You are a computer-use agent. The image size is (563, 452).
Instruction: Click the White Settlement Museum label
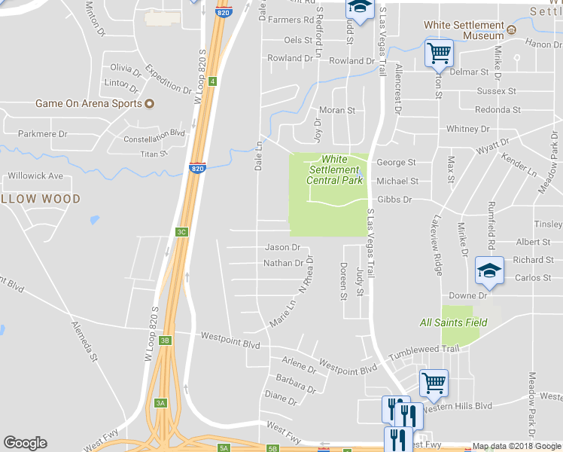pos(463,30)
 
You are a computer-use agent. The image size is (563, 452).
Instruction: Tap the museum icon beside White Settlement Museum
pos(512,31)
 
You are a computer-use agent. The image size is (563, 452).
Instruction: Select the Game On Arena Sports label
pos(89,103)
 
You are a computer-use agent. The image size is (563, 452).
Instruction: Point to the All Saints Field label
pos(454,322)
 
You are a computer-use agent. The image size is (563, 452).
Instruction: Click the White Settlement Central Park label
pos(334,169)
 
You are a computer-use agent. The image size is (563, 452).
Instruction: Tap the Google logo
pos(25,443)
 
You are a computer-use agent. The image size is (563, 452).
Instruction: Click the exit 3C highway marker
pos(181,232)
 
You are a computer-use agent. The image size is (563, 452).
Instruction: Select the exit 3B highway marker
pos(165,341)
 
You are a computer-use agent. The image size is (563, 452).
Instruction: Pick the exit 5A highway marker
pos(224,448)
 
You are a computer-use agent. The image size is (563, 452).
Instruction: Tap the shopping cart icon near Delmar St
pos(439,53)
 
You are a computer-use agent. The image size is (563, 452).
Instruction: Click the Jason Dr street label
pos(282,247)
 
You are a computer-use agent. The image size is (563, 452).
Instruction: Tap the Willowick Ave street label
pos(35,176)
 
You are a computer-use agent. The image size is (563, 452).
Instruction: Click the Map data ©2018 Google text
pos(516,446)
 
